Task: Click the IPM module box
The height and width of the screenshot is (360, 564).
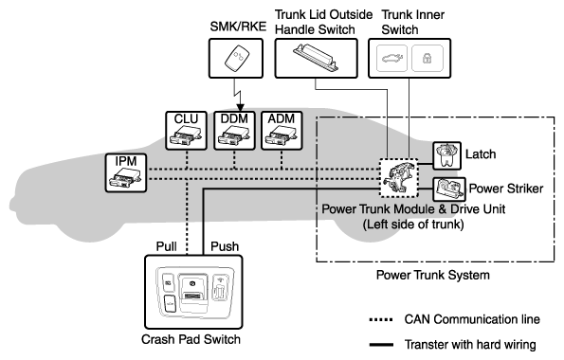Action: pyautogui.click(x=126, y=173)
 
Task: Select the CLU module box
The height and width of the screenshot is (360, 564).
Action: pyautogui.click(x=186, y=131)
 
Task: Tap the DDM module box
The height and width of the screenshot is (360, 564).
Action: pyautogui.click(x=234, y=131)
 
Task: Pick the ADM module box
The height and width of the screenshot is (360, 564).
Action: pyautogui.click(x=282, y=131)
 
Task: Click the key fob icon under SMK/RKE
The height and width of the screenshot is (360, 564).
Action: pyautogui.click(x=236, y=58)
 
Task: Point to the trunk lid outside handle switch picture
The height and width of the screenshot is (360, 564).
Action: pyautogui.click(x=316, y=58)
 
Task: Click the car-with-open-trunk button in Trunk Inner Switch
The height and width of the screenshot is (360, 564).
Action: pyautogui.click(x=391, y=58)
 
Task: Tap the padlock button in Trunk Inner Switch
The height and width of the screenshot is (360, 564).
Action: pyautogui.click(x=427, y=58)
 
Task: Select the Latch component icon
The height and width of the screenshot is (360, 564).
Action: pyautogui.click(x=446, y=155)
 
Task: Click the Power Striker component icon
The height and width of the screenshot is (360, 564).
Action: pyautogui.click(x=449, y=189)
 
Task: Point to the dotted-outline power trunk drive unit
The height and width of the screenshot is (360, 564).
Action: pyautogui.click(x=399, y=178)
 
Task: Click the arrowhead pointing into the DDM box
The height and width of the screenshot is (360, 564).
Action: pyautogui.click(x=240, y=108)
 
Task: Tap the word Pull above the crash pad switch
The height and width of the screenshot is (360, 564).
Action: pyautogui.click(x=166, y=246)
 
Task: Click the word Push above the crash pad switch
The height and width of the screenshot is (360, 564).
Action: pyautogui.click(x=225, y=246)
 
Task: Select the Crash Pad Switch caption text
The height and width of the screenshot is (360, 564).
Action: pyautogui.click(x=191, y=339)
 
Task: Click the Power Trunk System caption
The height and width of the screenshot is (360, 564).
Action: pyautogui.click(x=432, y=275)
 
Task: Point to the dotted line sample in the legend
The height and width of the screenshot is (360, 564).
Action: pyautogui.click(x=381, y=319)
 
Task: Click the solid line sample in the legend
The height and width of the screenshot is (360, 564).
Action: pyautogui.click(x=381, y=345)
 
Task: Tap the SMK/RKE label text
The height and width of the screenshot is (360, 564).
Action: pyautogui.click(x=238, y=27)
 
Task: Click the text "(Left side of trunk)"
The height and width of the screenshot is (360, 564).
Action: pyautogui.click(x=413, y=225)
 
